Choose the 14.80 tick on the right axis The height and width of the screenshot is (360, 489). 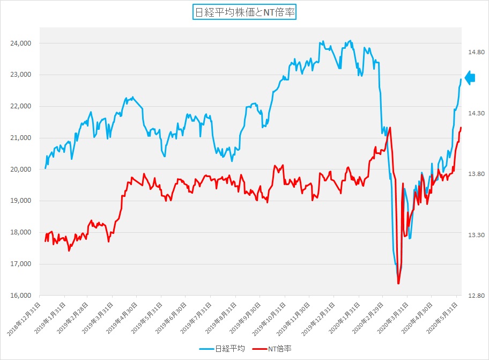tap(476, 52)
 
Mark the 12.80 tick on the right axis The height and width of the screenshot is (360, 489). tap(476, 296)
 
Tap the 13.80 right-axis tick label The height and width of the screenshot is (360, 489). tap(476, 174)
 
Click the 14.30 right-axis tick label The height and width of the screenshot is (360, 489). tap(476, 113)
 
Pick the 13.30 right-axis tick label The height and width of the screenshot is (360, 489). tap(476, 235)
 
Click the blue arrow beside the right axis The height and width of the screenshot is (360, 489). tap(470, 78)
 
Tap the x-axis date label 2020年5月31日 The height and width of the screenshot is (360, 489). tap(443, 318)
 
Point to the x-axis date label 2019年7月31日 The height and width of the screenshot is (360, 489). tap(197, 318)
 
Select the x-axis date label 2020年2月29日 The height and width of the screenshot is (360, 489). tap(369, 318)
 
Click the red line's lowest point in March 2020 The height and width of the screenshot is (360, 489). tap(398, 283)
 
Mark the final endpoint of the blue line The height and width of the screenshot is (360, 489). tap(461, 79)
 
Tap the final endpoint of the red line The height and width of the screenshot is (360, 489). tap(461, 128)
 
